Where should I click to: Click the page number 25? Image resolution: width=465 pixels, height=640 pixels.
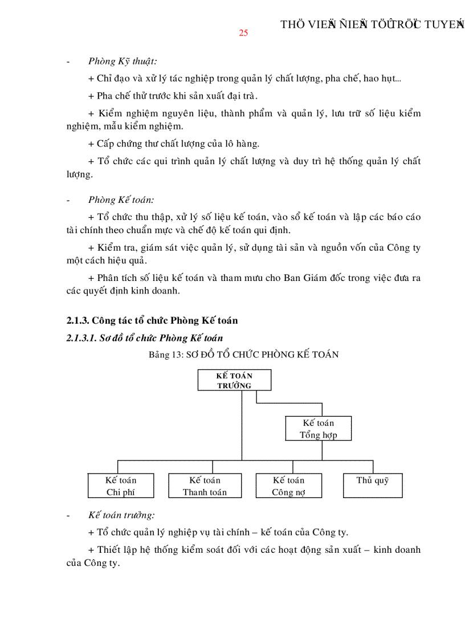(243, 32)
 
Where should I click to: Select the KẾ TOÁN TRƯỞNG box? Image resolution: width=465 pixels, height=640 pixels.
(234, 380)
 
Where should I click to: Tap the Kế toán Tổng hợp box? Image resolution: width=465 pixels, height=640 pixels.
(318, 429)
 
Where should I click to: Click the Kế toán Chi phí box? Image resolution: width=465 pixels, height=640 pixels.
(121, 486)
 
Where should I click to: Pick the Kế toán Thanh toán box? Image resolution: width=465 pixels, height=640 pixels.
(205, 486)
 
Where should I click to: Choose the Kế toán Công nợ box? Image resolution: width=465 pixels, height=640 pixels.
(288, 486)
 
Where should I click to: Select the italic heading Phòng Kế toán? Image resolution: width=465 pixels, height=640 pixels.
(121, 199)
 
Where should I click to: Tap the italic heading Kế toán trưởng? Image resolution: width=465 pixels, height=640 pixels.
(121, 515)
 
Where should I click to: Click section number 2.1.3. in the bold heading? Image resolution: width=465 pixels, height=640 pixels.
(77, 320)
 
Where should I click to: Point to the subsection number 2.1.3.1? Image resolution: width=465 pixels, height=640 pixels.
(81, 338)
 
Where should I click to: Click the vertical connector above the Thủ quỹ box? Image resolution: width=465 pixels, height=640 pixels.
(373, 466)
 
